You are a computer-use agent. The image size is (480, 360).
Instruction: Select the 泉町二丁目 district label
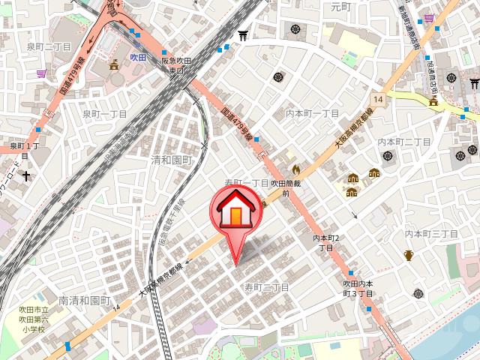click(x=49, y=46)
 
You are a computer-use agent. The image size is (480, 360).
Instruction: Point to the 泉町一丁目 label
click(x=104, y=114)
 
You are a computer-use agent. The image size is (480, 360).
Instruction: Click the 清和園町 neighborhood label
click(x=172, y=160)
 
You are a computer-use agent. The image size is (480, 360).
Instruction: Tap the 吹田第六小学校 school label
click(x=34, y=319)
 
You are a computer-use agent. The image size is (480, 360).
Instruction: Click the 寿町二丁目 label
click(x=266, y=287)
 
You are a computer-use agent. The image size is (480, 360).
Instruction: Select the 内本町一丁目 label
click(x=313, y=113)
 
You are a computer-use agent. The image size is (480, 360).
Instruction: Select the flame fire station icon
click(x=296, y=170)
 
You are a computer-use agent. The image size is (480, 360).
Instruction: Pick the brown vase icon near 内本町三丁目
click(x=408, y=255)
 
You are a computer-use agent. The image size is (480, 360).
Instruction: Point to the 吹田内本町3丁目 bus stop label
click(x=358, y=288)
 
